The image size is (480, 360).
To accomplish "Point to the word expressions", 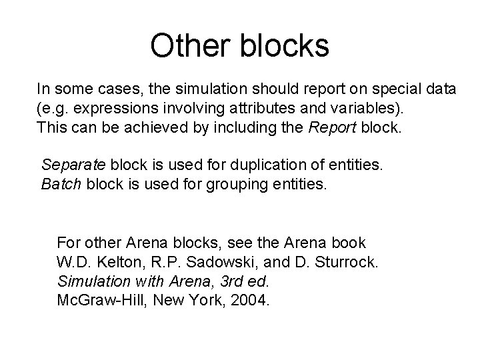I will pos(113,107).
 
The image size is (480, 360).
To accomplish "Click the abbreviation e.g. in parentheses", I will pos(57,107).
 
